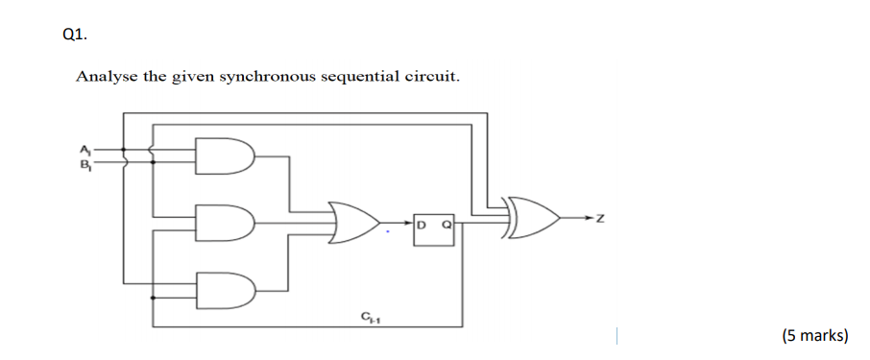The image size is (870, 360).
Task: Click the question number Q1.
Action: [73, 35]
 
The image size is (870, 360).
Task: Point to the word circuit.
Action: [432, 76]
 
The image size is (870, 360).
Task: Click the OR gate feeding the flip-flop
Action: [350, 223]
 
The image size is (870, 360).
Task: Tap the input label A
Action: [85, 148]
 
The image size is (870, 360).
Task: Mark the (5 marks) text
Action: [814, 335]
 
